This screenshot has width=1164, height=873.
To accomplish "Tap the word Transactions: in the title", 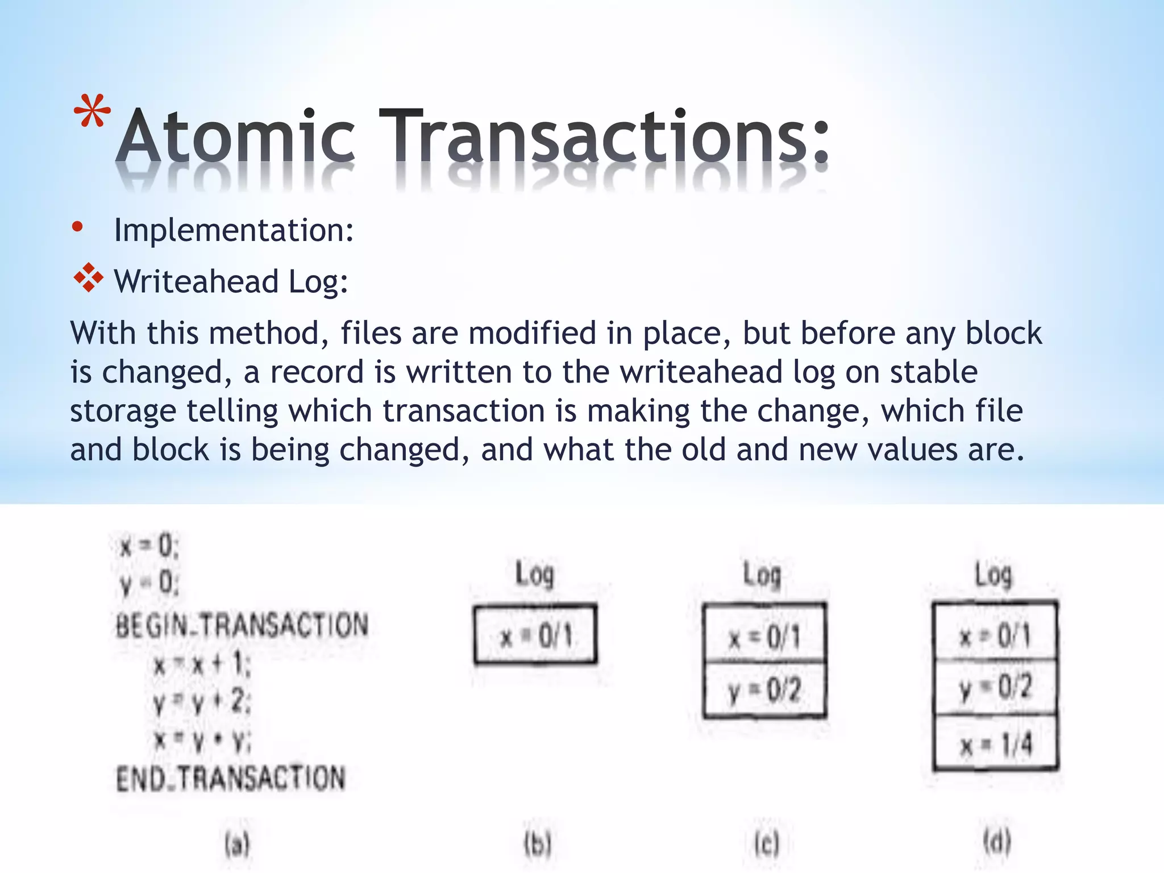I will click(x=604, y=136).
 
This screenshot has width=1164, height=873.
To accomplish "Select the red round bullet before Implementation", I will click(x=78, y=228).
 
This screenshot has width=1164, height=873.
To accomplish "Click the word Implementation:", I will click(x=234, y=230).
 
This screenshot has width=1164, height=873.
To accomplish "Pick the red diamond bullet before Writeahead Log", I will click(x=89, y=278).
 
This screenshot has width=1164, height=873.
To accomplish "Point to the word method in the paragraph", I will click(x=269, y=333).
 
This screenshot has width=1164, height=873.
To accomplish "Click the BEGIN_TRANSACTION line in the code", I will click(x=242, y=625).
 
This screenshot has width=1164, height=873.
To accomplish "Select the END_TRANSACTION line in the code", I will click(x=231, y=778).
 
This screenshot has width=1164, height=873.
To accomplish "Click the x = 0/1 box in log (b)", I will click(x=535, y=635).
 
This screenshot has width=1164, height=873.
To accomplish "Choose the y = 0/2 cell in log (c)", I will click(x=764, y=690).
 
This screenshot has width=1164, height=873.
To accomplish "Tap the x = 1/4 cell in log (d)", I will click(x=996, y=743).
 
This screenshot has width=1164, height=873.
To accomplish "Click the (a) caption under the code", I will click(x=237, y=844).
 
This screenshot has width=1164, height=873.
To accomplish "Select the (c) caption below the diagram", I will click(x=766, y=844).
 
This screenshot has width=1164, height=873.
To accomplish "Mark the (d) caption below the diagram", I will click(x=997, y=842).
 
